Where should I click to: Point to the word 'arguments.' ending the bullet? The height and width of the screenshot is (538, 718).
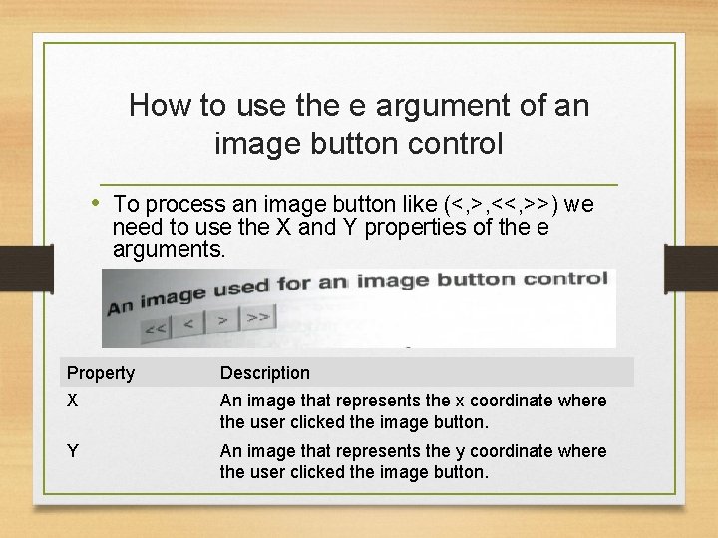tap(170, 249)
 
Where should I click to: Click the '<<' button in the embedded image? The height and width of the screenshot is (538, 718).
tap(156, 327)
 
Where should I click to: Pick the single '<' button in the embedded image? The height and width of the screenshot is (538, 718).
tap(189, 323)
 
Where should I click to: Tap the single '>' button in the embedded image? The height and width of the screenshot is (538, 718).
tap(222, 320)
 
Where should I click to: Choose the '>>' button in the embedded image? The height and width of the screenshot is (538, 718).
tap(257, 317)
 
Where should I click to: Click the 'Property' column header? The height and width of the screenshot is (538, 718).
tap(100, 373)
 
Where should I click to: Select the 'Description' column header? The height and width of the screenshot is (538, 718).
tap(264, 373)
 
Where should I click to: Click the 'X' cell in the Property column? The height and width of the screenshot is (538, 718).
tap(72, 401)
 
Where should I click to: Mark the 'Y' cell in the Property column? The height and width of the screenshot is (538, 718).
tap(72, 451)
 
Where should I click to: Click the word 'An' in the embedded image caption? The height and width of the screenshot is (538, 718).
tap(120, 304)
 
